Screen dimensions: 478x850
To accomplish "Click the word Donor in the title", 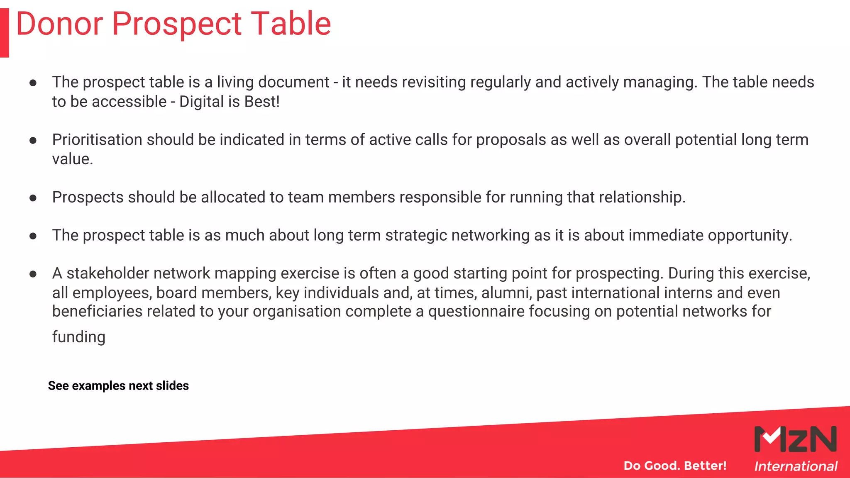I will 59,24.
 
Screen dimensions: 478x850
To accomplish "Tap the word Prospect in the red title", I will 176,24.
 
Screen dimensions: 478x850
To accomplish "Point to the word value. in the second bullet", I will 73,159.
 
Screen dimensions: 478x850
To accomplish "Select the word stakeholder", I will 107,273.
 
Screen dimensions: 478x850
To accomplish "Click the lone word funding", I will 78,337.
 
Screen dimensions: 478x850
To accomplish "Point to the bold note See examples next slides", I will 118,386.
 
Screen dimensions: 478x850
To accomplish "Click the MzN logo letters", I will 795,439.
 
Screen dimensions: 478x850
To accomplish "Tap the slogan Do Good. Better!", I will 675,466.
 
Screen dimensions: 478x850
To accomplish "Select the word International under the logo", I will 796,466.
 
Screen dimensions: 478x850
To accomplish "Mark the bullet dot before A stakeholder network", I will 33,274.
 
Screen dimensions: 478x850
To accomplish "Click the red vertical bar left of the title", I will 4,32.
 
